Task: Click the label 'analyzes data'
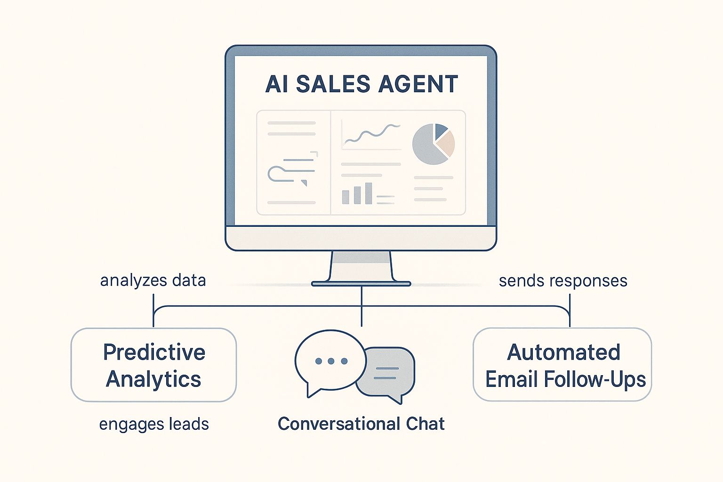[x=153, y=281]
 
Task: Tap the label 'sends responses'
[x=563, y=281]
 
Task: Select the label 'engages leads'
[x=154, y=424]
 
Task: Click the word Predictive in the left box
[x=154, y=352]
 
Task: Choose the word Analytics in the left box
[x=153, y=379]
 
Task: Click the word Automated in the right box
[x=563, y=352]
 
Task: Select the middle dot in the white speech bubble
[x=331, y=361]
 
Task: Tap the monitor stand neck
[x=361, y=266]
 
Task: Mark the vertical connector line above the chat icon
[x=361, y=306]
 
